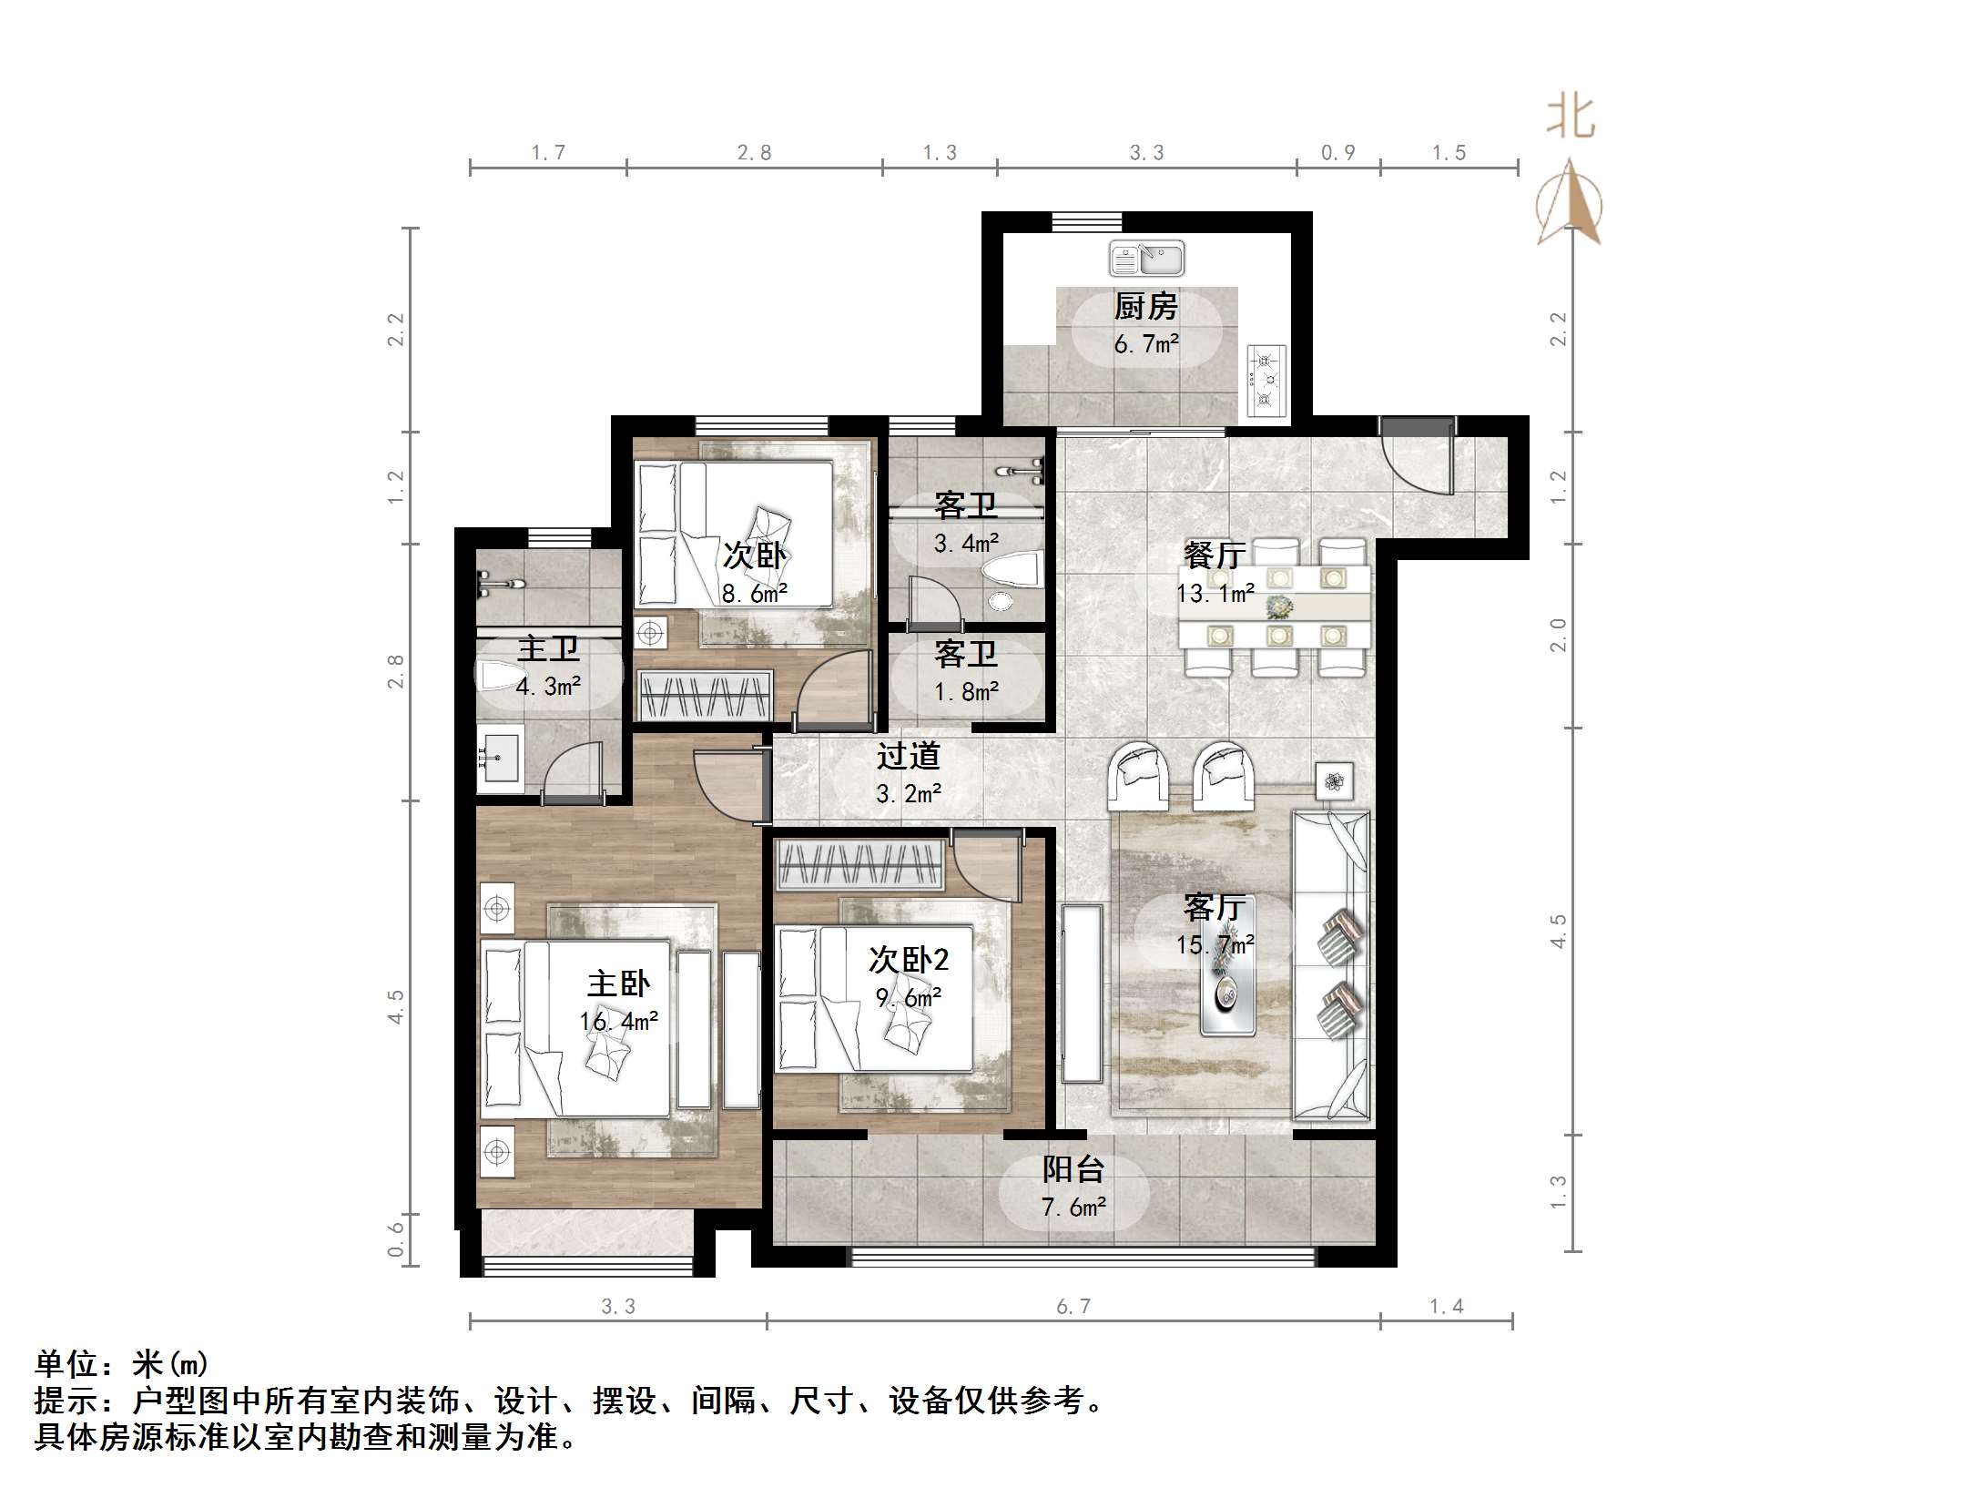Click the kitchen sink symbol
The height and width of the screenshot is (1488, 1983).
[x=1146, y=260]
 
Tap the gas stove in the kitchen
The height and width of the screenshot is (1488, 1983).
[x=1265, y=380]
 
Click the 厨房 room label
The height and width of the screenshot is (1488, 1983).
[x=1145, y=307]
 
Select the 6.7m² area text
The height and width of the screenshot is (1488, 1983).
[x=1145, y=345]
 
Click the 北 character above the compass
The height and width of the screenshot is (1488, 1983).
[x=1571, y=118]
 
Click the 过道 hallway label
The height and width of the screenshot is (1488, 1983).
[x=908, y=756]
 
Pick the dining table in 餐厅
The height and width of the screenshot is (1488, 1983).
[x=1275, y=606]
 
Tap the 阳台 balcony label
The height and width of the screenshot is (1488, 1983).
[x=1073, y=1169]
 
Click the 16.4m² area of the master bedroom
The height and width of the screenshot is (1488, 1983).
[x=618, y=1022]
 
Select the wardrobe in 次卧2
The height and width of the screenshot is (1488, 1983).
[x=859, y=864]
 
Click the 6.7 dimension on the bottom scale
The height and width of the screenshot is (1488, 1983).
[x=1073, y=1307]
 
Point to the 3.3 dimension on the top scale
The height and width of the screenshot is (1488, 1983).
[x=1146, y=153]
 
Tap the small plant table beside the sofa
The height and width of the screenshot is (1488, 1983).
[x=1334, y=781]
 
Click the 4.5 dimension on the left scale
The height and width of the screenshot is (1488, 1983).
[x=396, y=1006]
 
